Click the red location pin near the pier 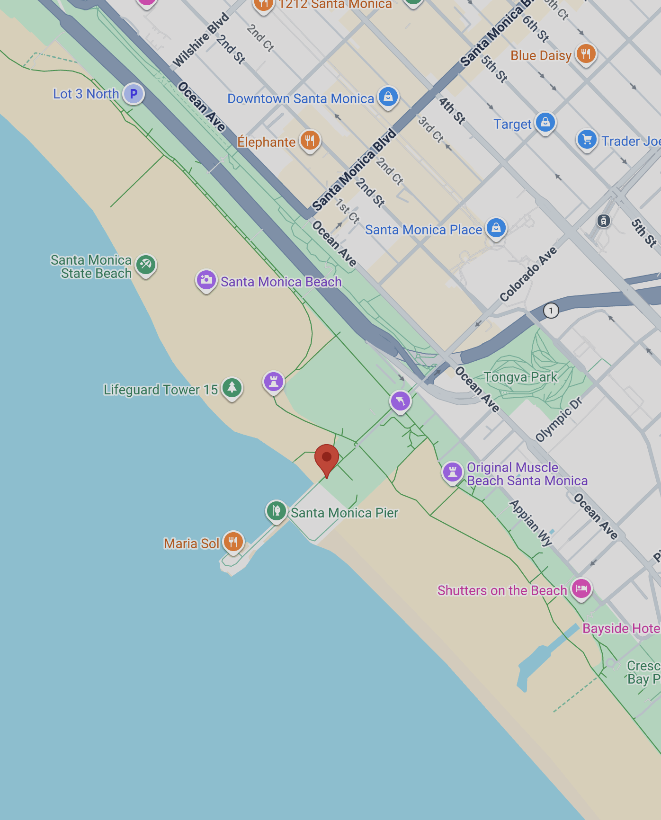pyautogui.click(x=327, y=458)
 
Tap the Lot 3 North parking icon pyautogui.click(x=134, y=94)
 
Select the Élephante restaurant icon pyautogui.click(x=310, y=141)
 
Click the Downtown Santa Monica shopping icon pyautogui.click(x=388, y=97)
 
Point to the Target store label pyautogui.click(x=512, y=124)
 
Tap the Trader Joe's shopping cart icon pyautogui.click(x=587, y=140)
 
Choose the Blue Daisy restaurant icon pyautogui.click(x=586, y=53)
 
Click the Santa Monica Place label pyautogui.click(x=423, y=230)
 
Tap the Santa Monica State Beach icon pyautogui.click(x=146, y=264)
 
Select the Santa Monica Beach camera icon pyautogui.click(x=206, y=280)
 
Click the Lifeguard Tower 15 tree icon pyautogui.click(x=232, y=388)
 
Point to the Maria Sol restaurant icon pyautogui.click(x=233, y=542)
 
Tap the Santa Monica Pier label pyautogui.click(x=344, y=513)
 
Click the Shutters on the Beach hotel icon pyautogui.click(x=581, y=588)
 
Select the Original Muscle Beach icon pyautogui.click(x=452, y=472)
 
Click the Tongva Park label pyautogui.click(x=520, y=377)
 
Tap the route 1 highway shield pyautogui.click(x=551, y=311)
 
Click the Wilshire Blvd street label pyautogui.click(x=201, y=40)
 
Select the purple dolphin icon pyautogui.click(x=400, y=401)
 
